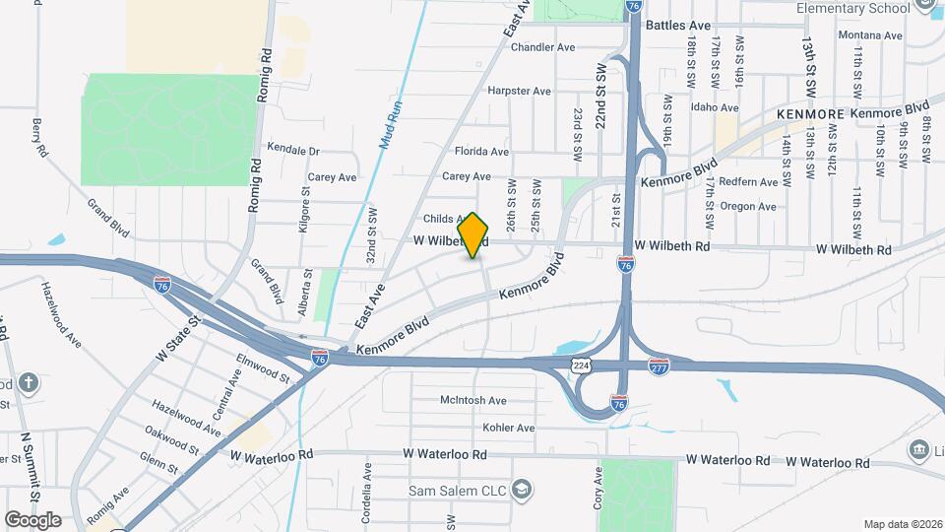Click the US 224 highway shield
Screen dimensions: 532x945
click(582, 366)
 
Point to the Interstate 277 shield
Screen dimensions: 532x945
click(660, 366)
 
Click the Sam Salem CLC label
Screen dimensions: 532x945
click(458, 490)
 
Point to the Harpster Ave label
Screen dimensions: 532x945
click(519, 91)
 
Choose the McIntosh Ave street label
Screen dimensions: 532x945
click(472, 401)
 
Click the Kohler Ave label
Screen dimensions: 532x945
click(508, 428)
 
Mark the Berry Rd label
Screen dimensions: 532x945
click(39, 137)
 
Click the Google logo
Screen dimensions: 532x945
click(32, 519)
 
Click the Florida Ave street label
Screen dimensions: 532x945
click(481, 152)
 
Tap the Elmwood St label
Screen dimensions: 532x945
click(263, 369)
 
